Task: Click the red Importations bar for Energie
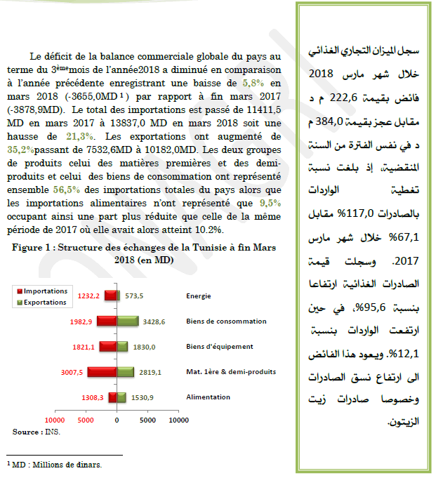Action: click(x=111, y=296)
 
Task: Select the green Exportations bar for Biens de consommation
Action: click(x=127, y=321)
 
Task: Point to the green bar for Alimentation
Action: click(x=121, y=397)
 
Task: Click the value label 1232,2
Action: click(x=90, y=296)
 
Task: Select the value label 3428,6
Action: click(x=154, y=321)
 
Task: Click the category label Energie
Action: click(x=199, y=296)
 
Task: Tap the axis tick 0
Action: click(x=117, y=420)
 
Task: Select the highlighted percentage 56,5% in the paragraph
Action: click(x=65, y=190)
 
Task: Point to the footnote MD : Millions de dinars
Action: click(x=55, y=465)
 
